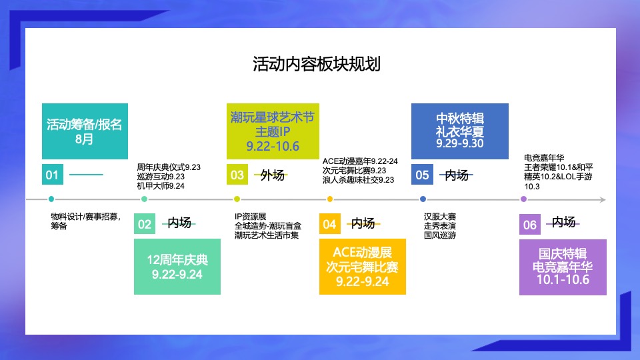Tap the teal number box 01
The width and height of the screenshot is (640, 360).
point(53,175)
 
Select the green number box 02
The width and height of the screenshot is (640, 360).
point(145,224)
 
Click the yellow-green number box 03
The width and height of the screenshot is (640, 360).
point(237,175)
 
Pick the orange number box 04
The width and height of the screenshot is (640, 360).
point(330,224)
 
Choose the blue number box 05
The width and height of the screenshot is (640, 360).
point(422,175)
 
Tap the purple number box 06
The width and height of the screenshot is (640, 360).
point(530,225)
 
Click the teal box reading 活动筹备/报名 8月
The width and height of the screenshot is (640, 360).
point(85,131)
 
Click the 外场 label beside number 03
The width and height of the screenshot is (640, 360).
point(272,175)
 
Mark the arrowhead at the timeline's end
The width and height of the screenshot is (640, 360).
point(602,199)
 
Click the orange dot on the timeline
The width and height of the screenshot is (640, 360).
point(330,199)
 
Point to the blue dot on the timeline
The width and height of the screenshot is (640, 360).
point(423,199)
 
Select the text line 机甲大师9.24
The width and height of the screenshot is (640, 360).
point(161,186)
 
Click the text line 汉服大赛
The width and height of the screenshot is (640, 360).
point(440,217)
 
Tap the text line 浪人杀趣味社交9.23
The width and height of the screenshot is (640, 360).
point(359,180)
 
